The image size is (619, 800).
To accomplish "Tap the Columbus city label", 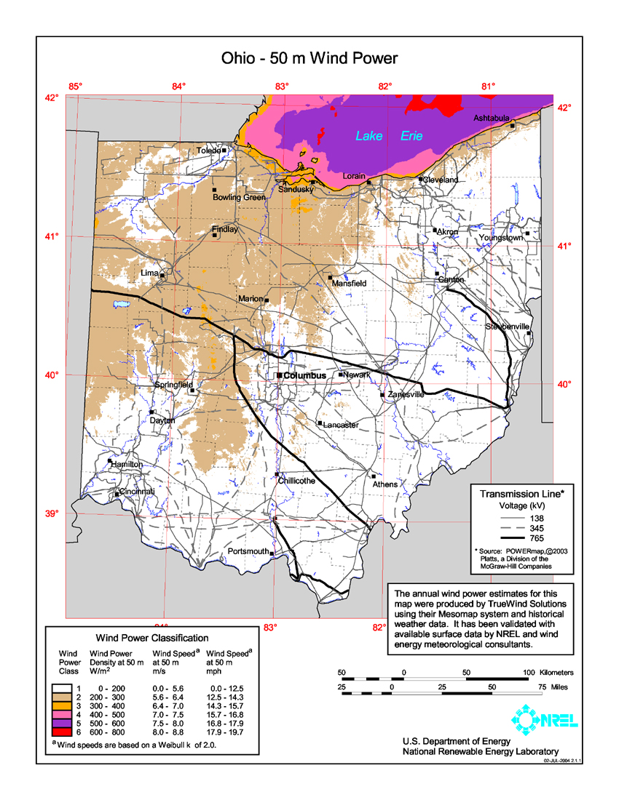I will [x=304, y=376].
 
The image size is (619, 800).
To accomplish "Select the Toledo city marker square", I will [x=224, y=151].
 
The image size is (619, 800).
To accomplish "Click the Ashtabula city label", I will [x=492, y=118].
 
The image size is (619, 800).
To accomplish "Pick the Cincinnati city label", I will [x=138, y=492].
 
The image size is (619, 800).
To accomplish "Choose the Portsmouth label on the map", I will [x=248, y=551].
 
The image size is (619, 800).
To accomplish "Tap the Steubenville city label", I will [x=507, y=327].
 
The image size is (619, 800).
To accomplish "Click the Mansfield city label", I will [x=349, y=284].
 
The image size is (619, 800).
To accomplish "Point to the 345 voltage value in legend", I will [x=536, y=527].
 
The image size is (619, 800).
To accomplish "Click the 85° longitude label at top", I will [x=75, y=87].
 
